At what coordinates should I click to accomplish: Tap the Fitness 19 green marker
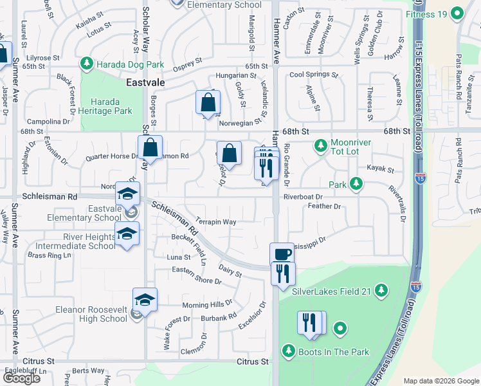(457, 13)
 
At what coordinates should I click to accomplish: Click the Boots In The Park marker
(289, 351)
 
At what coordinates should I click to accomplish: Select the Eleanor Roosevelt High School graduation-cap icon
(145, 300)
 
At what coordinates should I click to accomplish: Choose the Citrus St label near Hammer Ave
(252, 362)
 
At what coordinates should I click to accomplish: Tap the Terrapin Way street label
(216, 222)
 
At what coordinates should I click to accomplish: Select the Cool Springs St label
(314, 75)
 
